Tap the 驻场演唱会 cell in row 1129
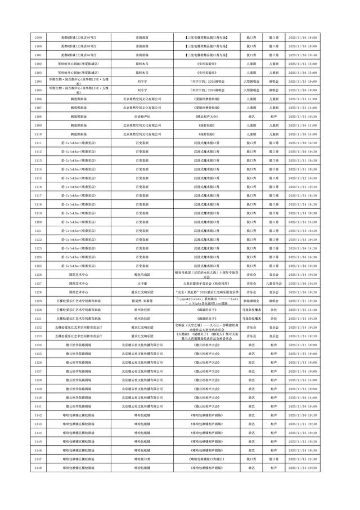coord(251,301)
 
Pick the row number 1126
coord(38,274)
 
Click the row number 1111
coord(38,142)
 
